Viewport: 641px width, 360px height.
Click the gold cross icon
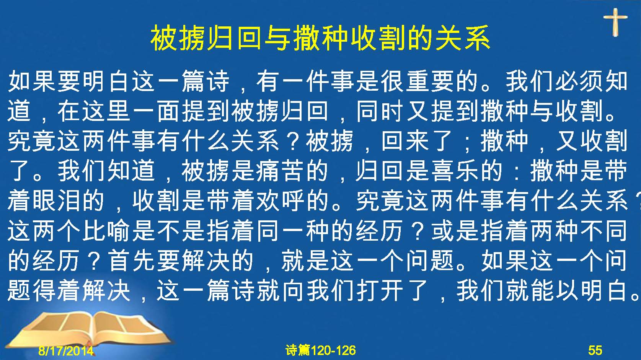click(615, 22)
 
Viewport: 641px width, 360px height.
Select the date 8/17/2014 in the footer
click(66, 350)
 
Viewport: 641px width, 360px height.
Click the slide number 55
click(595, 350)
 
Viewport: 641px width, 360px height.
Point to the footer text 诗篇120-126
click(321, 350)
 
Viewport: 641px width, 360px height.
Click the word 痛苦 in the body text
click(290, 171)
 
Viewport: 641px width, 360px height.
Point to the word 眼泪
click(56, 201)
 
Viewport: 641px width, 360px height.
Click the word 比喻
click(106, 231)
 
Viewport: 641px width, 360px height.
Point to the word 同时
click(381, 112)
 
